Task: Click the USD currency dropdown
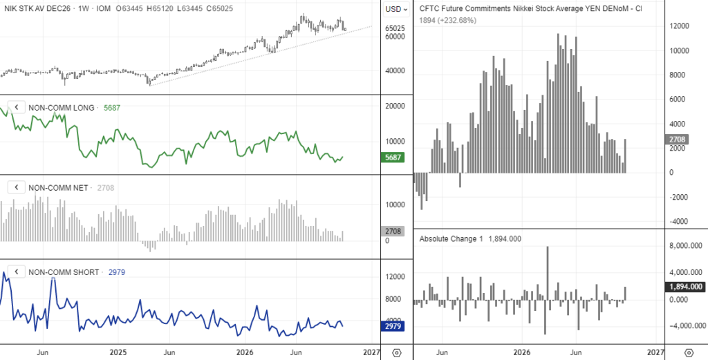click(x=396, y=9)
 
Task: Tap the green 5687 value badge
click(x=393, y=158)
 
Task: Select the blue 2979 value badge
click(x=393, y=326)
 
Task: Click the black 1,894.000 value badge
click(x=686, y=287)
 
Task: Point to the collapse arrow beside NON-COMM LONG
click(x=17, y=107)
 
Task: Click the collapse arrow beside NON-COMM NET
click(x=17, y=187)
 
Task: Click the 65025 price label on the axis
click(x=395, y=28)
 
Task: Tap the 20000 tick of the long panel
click(x=395, y=106)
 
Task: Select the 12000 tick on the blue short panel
click(x=395, y=276)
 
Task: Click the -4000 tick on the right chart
click(x=679, y=222)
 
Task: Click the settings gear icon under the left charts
click(x=397, y=352)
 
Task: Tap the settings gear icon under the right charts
click(x=689, y=352)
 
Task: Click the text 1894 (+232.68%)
click(x=448, y=20)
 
